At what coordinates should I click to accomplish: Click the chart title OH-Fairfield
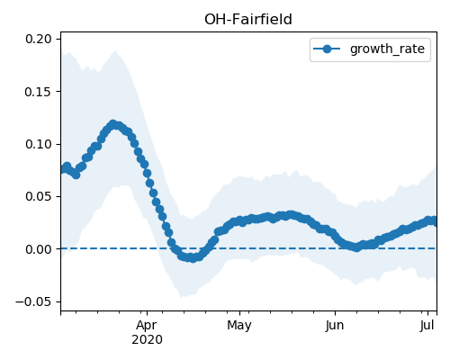point(248,20)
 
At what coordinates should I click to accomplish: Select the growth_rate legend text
point(387,49)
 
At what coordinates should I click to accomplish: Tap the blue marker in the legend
point(327,49)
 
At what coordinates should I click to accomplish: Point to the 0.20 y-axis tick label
point(38,39)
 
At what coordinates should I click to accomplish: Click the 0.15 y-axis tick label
point(38,92)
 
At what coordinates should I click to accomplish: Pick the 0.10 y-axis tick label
point(38,144)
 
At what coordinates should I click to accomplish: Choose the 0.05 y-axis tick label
point(38,196)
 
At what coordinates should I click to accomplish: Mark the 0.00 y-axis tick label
point(38,249)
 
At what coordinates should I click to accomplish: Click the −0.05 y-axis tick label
point(33,301)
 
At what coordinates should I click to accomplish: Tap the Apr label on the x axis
point(147,326)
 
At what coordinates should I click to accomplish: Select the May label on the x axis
point(239,326)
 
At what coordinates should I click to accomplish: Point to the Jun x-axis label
point(335,325)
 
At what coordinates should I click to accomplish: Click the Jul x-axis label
point(427,325)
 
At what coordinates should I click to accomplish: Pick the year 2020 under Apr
point(147,339)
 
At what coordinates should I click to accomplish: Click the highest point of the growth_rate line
point(112,124)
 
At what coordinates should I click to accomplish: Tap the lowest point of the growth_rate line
point(193,258)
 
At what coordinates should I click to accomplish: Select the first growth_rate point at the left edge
point(63,169)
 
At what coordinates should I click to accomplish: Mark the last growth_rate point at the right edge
point(434,221)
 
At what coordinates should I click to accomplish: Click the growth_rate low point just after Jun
point(356,247)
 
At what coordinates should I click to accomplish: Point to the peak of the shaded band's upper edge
point(115,51)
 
